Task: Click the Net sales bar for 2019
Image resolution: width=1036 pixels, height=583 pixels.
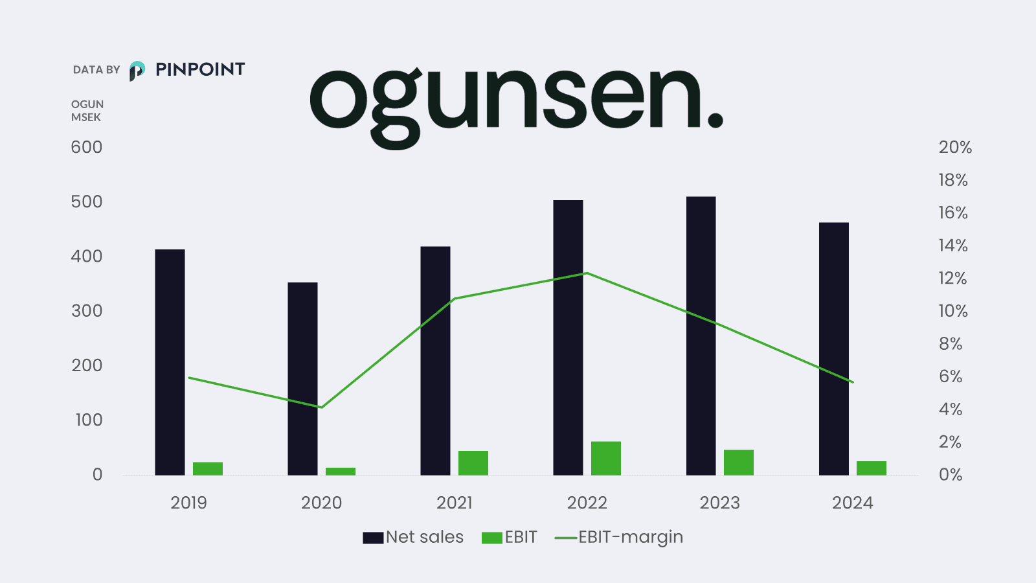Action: pos(170,363)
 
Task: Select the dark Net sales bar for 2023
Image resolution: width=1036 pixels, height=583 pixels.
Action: pos(701,337)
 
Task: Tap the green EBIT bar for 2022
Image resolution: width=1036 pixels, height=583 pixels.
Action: pos(605,459)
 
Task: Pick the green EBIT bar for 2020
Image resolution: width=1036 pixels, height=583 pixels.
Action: pos(340,472)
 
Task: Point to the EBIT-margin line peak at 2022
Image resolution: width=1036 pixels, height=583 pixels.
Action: pos(587,273)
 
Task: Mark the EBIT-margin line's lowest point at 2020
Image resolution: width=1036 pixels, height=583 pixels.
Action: pos(321,407)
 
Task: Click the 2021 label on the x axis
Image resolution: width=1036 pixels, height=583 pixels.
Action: pos(454,503)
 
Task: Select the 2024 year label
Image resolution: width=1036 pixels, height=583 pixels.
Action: pos(852,503)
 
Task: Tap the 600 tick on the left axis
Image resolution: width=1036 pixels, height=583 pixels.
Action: pos(87,147)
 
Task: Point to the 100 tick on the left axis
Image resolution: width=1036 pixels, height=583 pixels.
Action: pos(89,420)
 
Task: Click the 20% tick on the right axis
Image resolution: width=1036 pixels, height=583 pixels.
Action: pos(955,148)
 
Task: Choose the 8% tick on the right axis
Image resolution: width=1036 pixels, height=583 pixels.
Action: pos(951,344)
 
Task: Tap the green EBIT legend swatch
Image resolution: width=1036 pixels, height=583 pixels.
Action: pos(492,538)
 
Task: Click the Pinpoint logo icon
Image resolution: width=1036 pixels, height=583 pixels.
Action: pos(137,70)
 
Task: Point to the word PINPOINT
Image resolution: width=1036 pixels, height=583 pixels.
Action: pos(200,69)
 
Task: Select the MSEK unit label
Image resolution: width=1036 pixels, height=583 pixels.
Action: pos(86,117)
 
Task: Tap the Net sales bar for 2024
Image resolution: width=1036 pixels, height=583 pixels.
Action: pos(833,350)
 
